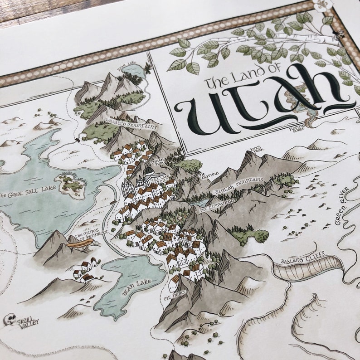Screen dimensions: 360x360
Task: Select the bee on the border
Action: [338, 33]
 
